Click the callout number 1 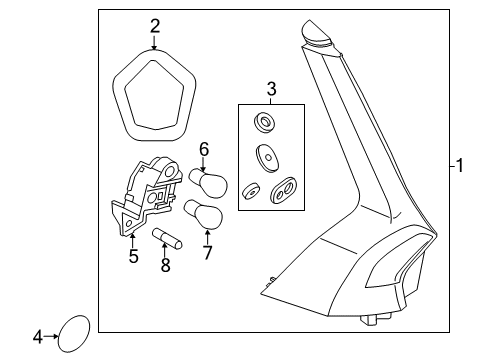[460, 166]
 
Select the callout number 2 [155, 26]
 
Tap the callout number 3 [272, 89]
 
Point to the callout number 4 [38, 337]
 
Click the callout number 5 [133, 256]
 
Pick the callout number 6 [204, 149]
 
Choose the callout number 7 [207, 253]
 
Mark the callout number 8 [165, 265]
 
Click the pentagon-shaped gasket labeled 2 [117, 100]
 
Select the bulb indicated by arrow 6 [209, 183]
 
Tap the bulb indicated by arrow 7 [203, 215]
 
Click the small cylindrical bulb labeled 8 [167, 238]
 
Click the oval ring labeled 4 [59, 333]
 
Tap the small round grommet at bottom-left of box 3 [250, 191]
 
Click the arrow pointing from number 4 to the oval [51, 336]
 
